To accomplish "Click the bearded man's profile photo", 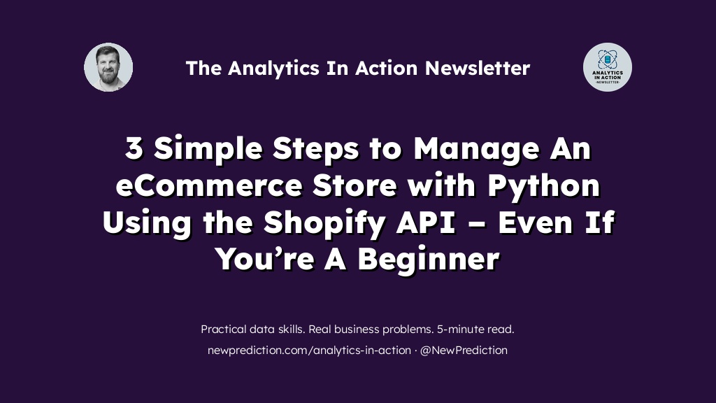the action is [108, 67].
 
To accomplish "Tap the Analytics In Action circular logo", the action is [608, 67].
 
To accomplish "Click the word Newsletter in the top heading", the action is [478, 68].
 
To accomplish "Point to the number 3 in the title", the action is [134, 148].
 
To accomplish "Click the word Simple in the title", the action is [208, 150].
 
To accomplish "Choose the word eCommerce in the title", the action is [208, 185].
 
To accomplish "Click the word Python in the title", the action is [544, 186].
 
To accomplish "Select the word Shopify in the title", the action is [324, 223].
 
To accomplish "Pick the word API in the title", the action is [426, 222].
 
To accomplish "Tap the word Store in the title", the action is [355, 185].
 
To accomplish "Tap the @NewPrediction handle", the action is [464, 351].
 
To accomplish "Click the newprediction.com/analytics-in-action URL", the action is [309, 351].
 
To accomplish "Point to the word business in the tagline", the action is [344, 329].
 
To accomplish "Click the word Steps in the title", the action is [315, 150].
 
